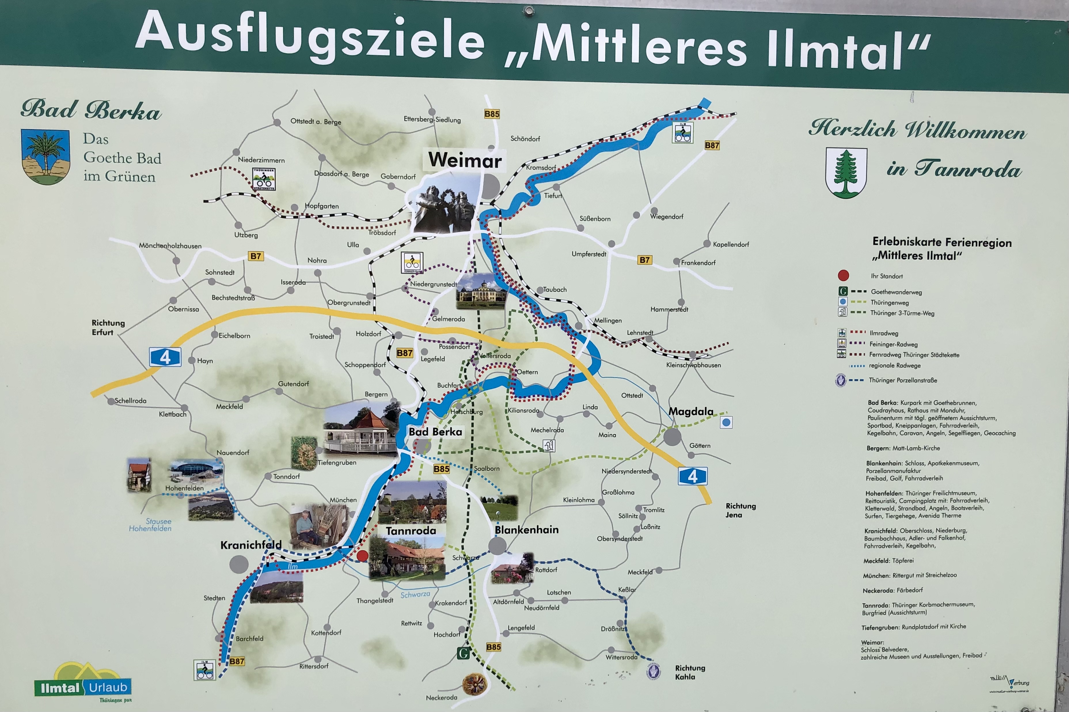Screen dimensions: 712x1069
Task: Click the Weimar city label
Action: tap(464, 160)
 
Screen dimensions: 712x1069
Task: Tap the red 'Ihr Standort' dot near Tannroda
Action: tap(362, 556)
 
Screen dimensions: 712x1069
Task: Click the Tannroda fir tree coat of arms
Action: tap(846, 173)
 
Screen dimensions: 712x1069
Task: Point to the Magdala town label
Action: tap(691, 411)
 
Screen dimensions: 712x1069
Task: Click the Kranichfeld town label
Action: tap(251, 545)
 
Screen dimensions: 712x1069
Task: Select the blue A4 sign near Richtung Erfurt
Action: tap(165, 357)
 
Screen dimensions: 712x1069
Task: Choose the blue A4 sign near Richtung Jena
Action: tap(692, 476)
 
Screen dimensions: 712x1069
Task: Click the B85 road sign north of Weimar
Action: tap(491, 114)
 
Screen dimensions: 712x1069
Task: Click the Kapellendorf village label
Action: tap(730, 244)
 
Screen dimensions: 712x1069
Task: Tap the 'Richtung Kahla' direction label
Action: tap(690, 672)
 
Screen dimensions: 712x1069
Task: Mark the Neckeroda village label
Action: tap(441, 697)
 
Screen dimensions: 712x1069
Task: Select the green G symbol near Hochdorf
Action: tap(463, 653)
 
